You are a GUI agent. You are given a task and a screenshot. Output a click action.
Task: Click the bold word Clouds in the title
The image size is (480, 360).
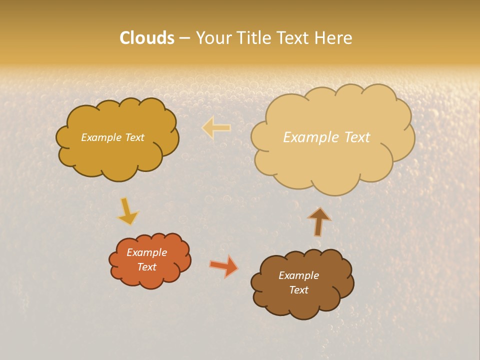tap(147, 38)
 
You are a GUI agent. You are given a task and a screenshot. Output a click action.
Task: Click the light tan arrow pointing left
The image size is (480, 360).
tap(216, 128)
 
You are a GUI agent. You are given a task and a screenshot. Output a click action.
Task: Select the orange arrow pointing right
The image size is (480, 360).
tap(224, 266)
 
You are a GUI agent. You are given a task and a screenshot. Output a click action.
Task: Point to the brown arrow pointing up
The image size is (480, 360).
tap(318, 221)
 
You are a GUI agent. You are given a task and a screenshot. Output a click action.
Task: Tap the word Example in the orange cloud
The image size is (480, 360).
tap(147, 252)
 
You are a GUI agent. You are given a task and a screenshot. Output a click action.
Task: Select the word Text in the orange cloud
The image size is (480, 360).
tap(147, 267)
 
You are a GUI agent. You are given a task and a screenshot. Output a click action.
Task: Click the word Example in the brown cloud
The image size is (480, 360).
tap(298, 275)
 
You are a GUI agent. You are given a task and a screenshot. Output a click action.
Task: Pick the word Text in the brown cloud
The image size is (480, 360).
tap(298, 290)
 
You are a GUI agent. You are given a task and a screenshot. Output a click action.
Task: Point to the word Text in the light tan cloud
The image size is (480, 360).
tap(357, 137)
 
